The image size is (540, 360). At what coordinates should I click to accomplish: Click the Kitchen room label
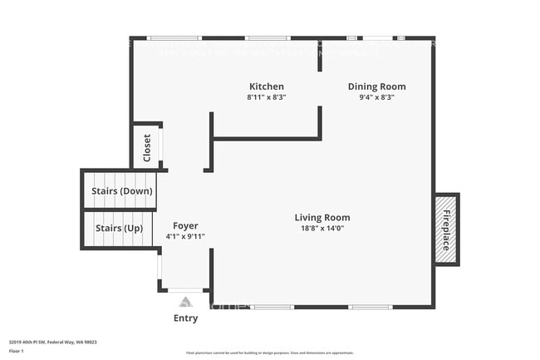point(267,86)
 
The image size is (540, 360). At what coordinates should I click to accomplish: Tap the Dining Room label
point(376,86)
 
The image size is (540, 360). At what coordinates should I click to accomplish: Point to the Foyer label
point(185,226)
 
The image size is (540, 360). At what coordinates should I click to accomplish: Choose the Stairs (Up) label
point(119,228)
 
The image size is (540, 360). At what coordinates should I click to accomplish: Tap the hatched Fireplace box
point(446,229)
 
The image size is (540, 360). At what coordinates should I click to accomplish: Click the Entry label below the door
point(185,318)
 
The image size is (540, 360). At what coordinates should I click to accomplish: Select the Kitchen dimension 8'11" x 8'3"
point(267,97)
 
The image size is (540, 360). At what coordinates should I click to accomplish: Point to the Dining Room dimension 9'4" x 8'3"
point(376,97)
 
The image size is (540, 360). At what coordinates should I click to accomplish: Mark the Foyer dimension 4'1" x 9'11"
point(185,237)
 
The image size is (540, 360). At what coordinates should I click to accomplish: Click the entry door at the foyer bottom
point(184,290)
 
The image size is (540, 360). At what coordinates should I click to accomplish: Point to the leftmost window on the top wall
point(174,37)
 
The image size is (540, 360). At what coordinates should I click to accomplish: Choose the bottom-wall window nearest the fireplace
point(371,307)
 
